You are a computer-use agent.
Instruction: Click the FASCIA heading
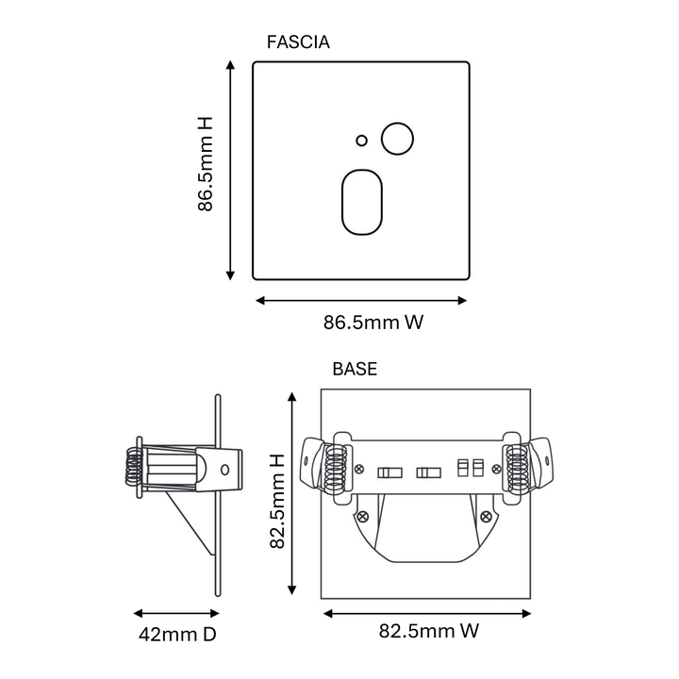298,42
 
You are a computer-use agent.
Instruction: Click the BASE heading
355,369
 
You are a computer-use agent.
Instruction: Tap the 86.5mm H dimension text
206,164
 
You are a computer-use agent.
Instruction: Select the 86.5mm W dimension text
373,323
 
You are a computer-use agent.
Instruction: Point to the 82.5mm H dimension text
277,501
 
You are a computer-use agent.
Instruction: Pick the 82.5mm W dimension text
429,631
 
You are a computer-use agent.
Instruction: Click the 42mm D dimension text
177,635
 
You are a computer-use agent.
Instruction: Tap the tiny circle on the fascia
361,141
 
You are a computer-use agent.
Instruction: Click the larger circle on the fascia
397,139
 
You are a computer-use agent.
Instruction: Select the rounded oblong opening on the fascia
362,202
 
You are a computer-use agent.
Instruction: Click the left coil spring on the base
336,469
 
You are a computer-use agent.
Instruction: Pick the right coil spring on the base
518,469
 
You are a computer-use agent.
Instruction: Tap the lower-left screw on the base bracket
362,516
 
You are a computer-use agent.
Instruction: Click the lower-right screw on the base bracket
486,516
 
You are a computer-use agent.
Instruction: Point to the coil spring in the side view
134,466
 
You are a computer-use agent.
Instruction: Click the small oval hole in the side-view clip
224,470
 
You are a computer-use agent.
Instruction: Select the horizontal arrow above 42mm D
176,613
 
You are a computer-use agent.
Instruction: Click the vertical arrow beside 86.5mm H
230,171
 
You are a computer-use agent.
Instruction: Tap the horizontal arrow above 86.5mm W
361,301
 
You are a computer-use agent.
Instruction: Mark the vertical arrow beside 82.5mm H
291,493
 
